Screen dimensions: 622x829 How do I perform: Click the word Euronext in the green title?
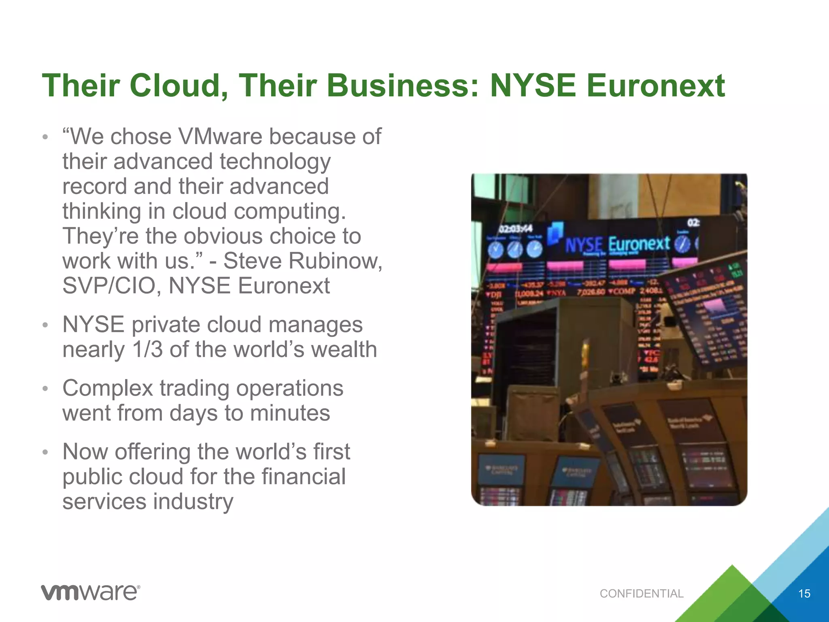tap(655, 86)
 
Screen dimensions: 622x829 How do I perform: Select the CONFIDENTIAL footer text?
tap(642, 594)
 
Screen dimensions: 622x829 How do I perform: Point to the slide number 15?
tap(804, 594)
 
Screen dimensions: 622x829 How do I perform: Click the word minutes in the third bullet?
tap(290, 413)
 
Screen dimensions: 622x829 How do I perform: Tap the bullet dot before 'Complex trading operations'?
tap(46, 389)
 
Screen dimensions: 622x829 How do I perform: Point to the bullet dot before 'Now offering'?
tap(46, 452)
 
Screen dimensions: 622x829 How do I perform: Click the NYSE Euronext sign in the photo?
tap(617, 244)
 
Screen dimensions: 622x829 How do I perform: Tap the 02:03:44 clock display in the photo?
tap(515, 229)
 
